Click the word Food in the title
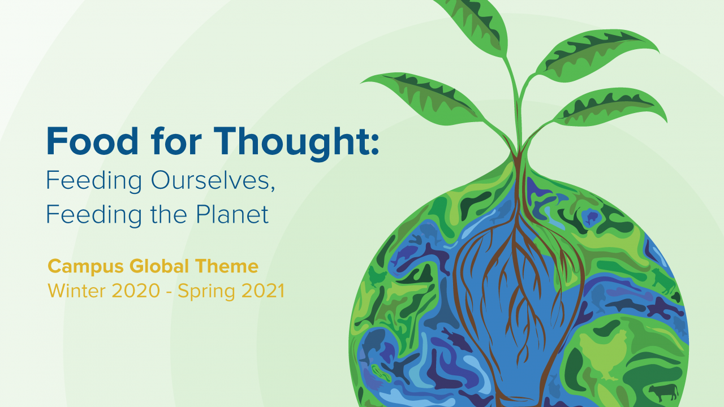point(92,141)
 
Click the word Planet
point(232,214)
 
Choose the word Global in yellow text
point(159,266)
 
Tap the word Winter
point(76,291)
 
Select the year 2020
point(136,291)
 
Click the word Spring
point(206,291)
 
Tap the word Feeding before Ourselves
point(94,181)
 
